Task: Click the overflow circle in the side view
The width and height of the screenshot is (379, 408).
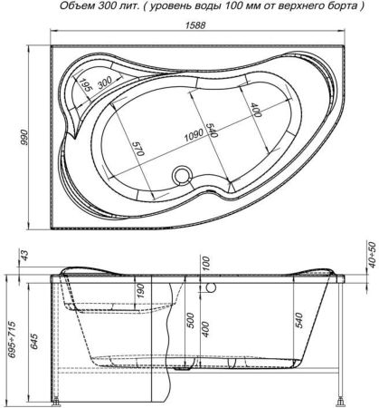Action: tap(210, 290)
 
